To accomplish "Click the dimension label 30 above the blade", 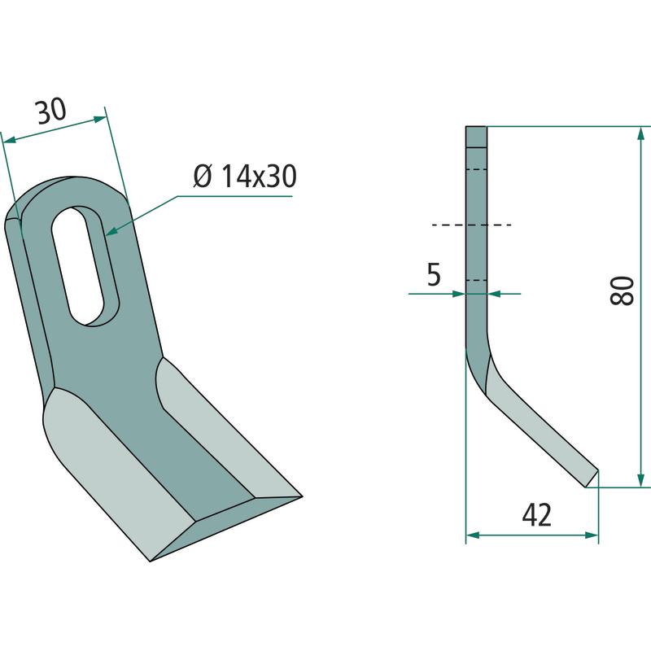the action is (x=51, y=111).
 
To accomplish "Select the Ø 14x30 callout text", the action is (x=245, y=176).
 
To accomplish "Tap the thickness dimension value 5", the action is (x=434, y=274).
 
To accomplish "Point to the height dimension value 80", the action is (x=623, y=291).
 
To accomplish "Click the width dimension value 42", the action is (x=537, y=515).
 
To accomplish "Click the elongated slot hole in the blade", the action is (x=85, y=266).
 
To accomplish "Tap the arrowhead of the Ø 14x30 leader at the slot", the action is (x=111, y=230).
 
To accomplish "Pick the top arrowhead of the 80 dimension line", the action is (x=641, y=133).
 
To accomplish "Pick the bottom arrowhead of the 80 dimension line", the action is (x=641, y=479).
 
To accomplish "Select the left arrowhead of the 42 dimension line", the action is (x=473, y=535).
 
